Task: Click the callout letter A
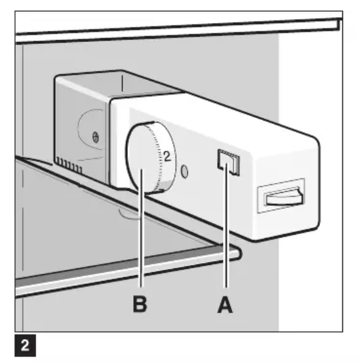pos(225,305)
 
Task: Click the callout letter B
pos(140,304)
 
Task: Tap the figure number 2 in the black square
pos(25,346)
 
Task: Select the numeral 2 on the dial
pos(167,156)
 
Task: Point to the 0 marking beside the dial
pos(184,172)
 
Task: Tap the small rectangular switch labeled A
pos(228,162)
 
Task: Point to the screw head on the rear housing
pos(95,137)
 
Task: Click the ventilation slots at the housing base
pos(70,165)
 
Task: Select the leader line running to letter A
pos(226,225)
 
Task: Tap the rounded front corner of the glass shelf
pos(238,253)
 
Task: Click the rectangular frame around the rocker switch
pos(281,196)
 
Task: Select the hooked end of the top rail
pos(340,24)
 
